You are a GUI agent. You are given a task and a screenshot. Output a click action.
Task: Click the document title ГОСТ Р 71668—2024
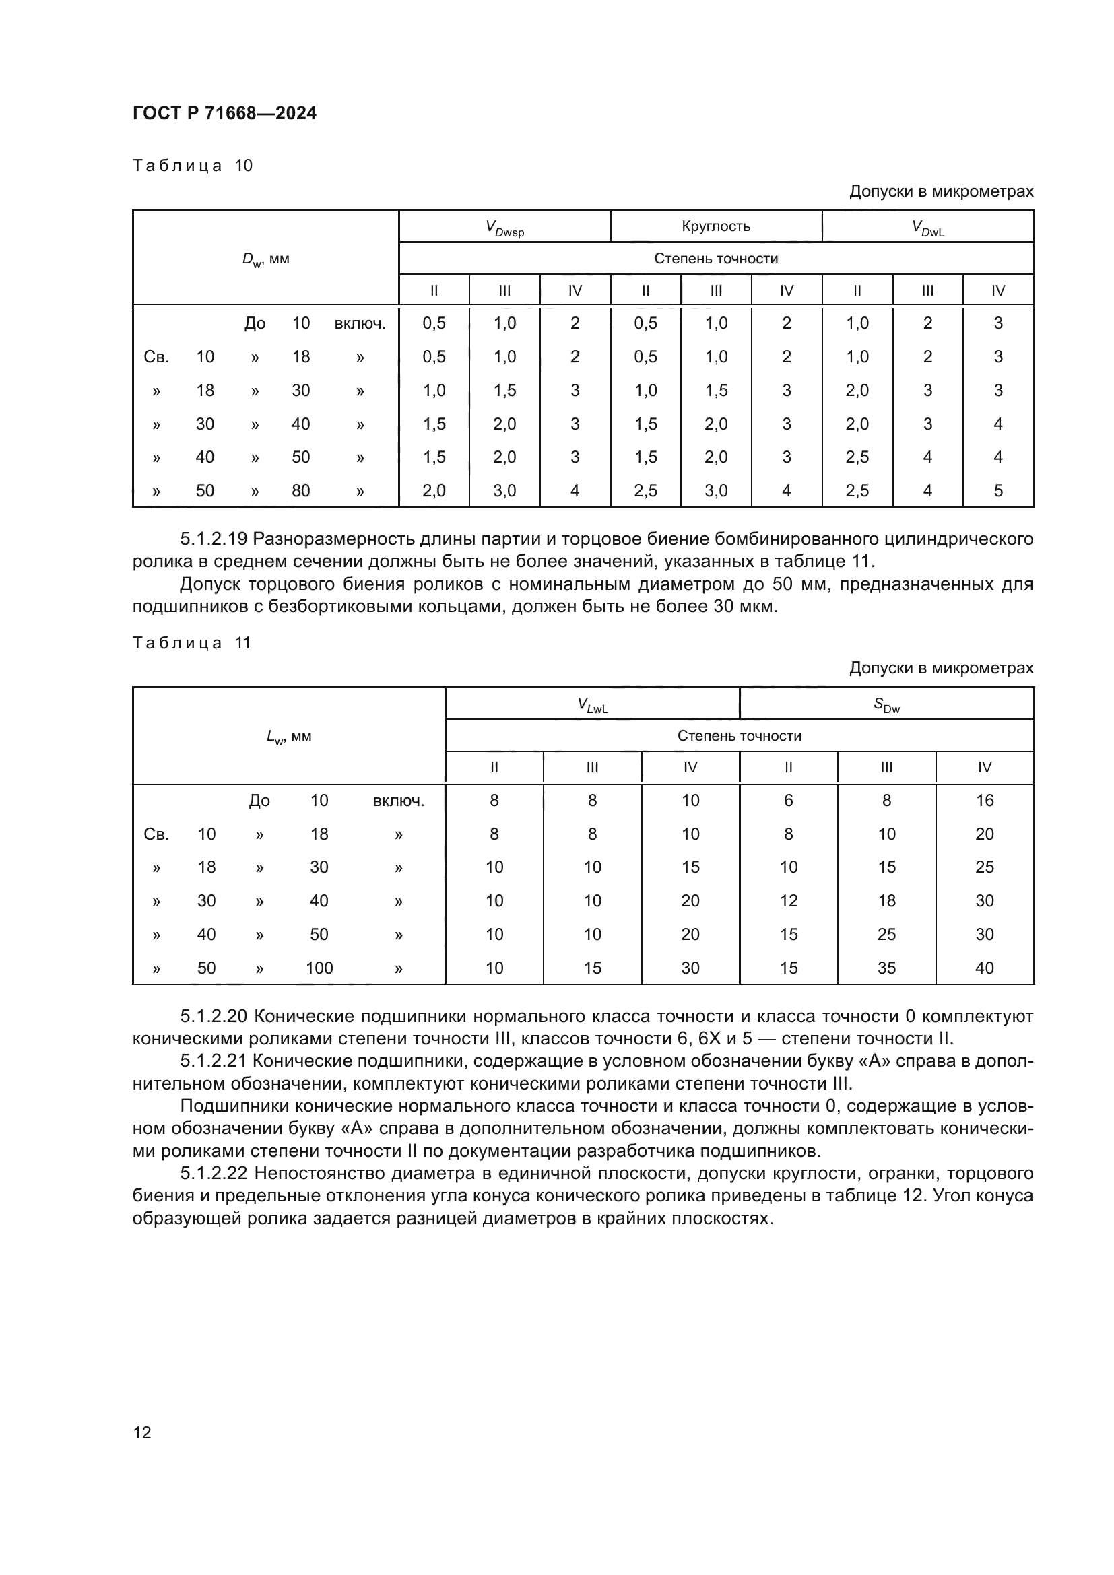[224, 113]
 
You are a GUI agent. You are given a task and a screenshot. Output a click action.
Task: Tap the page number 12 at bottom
[142, 1432]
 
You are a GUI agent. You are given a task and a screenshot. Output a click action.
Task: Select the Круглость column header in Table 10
[715, 226]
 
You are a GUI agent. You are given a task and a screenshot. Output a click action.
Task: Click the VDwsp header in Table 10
[504, 228]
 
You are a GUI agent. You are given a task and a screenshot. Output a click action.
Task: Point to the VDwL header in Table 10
[927, 228]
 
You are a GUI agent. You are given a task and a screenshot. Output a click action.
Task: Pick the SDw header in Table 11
[886, 704]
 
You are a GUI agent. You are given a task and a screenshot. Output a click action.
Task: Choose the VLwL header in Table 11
[592, 704]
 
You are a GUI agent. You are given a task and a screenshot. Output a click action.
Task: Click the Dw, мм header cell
[265, 259]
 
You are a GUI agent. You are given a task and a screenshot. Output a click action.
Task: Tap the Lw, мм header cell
[289, 737]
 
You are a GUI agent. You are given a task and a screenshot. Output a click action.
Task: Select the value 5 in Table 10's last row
[998, 490]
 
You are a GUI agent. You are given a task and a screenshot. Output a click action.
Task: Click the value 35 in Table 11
[886, 968]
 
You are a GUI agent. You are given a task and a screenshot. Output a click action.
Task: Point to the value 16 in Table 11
[985, 801]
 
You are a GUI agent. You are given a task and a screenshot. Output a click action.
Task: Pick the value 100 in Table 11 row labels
[319, 968]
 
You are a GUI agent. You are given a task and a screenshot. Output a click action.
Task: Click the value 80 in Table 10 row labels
[300, 490]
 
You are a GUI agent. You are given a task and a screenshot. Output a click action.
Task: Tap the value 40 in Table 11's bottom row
[985, 968]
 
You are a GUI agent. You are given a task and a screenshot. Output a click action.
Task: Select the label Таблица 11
[192, 643]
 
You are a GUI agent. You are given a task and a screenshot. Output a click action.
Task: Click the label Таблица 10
[193, 166]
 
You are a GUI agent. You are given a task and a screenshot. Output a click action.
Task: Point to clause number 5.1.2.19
[214, 539]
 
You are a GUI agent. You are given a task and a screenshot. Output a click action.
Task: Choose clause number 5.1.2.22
[214, 1174]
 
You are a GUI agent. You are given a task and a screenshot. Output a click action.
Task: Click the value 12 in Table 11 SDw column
[788, 901]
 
